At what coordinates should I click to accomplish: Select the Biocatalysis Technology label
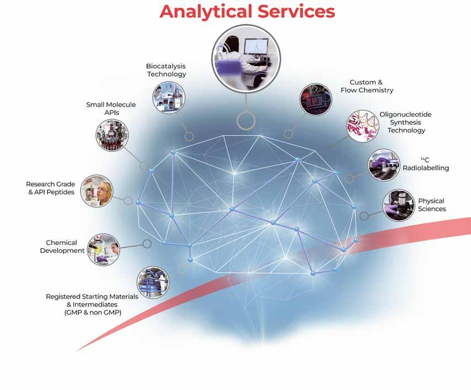point(166,70)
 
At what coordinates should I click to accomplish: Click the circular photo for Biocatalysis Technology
point(168,97)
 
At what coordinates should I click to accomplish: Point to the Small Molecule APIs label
point(111,108)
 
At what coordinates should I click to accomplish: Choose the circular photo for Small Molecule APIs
point(113,136)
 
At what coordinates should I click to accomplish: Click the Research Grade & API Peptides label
point(50,188)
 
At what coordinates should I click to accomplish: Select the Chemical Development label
point(62,246)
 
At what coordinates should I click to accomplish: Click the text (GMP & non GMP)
point(93,313)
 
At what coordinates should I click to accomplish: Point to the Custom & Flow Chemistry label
point(367,86)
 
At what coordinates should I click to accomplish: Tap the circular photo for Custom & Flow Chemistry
point(316,100)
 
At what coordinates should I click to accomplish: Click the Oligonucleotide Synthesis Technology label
point(405,122)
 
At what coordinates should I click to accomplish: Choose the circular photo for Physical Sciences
point(399,205)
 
